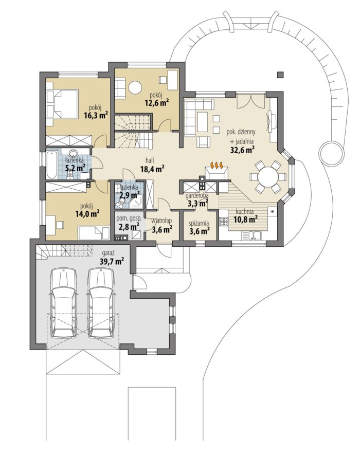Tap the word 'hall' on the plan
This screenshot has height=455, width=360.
click(x=150, y=160)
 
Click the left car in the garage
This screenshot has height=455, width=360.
click(x=64, y=303)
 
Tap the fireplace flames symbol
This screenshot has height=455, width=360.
click(x=217, y=165)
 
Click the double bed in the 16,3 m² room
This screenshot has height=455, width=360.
click(x=62, y=103)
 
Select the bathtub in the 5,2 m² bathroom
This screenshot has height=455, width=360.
click(x=51, y=165)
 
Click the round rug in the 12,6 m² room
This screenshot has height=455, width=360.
click(x=135, y=87)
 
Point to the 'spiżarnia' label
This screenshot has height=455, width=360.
click(x=199, y=224)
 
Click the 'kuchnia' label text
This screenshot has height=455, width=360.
click(x=245, y=211)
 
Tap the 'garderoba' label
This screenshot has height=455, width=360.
click(x=197, y=195)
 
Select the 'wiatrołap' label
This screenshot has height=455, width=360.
click(x=161, y=222)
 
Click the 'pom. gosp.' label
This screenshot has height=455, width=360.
click(x=129, y=219)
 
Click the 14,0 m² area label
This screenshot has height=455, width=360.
click(x=87, y=214)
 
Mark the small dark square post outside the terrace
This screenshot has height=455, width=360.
click(x=280, y=75)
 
